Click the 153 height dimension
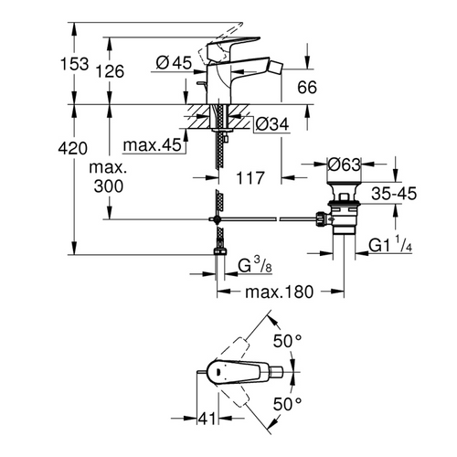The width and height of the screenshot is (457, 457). [x=79, y=64]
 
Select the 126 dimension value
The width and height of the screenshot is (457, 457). [x=113, y=71]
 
